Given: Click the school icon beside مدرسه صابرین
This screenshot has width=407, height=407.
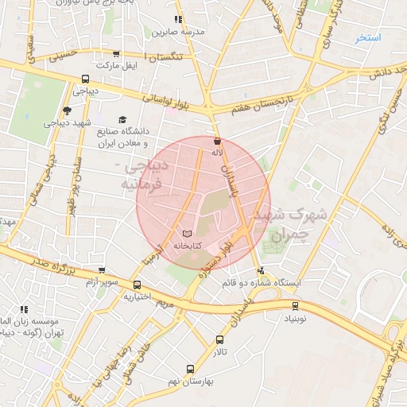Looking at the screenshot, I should pyautogui.click(x=178, y=18).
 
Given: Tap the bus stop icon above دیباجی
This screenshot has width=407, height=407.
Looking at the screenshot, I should pyautogui.click(x=85, y=79).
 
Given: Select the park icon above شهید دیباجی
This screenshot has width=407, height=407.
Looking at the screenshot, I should pyautogui.click(x=66, y=110).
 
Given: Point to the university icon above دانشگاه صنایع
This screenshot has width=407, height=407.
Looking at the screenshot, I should pyautogui.click(x=122, y=119).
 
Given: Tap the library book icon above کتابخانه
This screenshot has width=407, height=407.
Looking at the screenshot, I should pyautogui.click(x=187, y=234).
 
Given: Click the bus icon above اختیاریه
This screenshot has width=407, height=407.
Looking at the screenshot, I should pyautogui.click(x=138, y=285).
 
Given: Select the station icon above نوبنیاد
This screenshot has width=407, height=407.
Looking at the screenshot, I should pyautogui.click(x=296, y=304).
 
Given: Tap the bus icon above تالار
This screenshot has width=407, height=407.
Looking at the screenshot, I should pyautogui.click(x=219, y=339).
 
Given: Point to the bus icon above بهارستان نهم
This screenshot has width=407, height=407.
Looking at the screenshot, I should pyautogui.click(x=190, y=369).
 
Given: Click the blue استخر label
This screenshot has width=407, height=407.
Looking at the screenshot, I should pyautogui.click(x=369, y=37).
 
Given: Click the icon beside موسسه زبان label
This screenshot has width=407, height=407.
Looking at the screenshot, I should pyautogui.click(x=24, y=308).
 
